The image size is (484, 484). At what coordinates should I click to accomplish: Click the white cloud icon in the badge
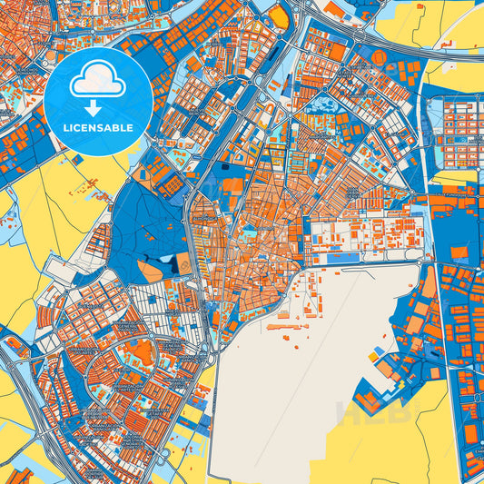click(x=97, y=81)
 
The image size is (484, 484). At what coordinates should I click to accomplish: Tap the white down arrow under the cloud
click(x=97, y=107)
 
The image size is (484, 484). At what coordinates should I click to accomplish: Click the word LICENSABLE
click(x=97, y=128)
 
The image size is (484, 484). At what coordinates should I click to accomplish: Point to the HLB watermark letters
click(x=372, y=413)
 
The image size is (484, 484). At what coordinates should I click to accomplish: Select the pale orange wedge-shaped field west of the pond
click(x=146, y=271)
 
